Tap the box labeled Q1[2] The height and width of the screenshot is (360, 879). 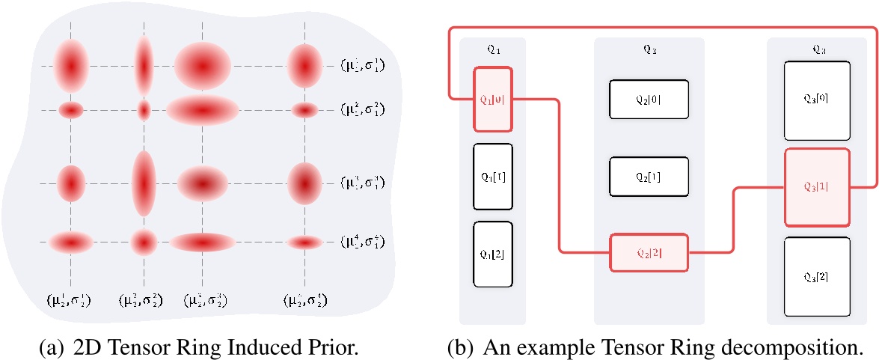pos(492,254)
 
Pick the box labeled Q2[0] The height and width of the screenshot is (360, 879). pos(649,98)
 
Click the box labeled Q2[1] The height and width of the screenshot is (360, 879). pos(649,177)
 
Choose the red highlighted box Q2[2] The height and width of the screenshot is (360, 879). pos(649,251)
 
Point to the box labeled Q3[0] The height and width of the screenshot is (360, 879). pos(817,100)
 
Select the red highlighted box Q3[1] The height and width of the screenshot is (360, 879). pos(817,186)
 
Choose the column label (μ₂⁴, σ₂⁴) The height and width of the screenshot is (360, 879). pos(304,302)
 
